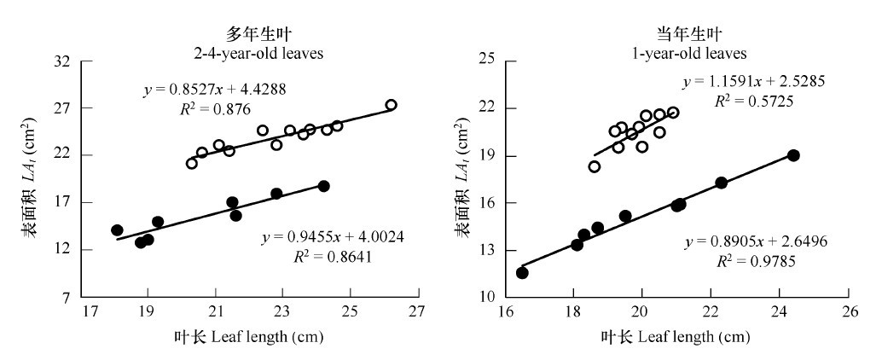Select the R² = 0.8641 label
pyautogui.click(x=322, y=254)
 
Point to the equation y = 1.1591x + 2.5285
pyautogui.click(x=753, y=82)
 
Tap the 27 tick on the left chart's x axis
pyautogui.click(x=417, y=312)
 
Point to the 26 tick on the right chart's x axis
pyautogui.click(x=847, y=312)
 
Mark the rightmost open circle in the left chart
pyautogui.click(x=391, y=105)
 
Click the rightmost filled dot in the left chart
pyautogui.click(x=323, y=186)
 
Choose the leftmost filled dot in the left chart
pyautogui.click(x=117, y=230)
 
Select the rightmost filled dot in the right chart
pyautogui.click(x=793, y=155)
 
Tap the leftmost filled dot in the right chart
pyautogui.click(x=522, y=273)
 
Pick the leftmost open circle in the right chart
pyautogui.click(x=594, y=166)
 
